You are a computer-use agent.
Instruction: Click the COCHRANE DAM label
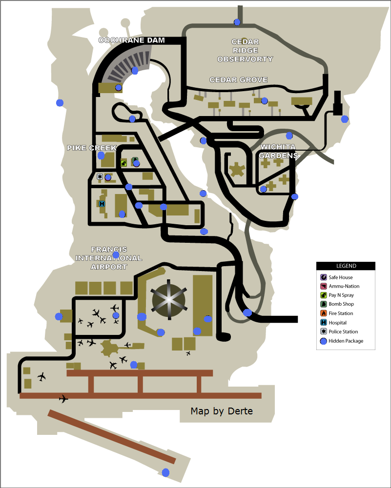pyautogui.click(x=132, y=40)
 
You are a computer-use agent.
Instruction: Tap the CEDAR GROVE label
pyautogui.click(x=238, y=80)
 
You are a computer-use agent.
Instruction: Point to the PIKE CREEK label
pyautogui.click(x=92, y=148)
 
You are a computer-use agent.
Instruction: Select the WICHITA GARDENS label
pyautogui.click(x=279, y=151)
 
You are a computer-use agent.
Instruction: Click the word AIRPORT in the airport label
pyautogui.click(x=109, y=267)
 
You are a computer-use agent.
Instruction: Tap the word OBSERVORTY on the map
pyautogui.click(x=245, y=59)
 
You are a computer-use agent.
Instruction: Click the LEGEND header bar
pyautogui.click(x=346, y=266)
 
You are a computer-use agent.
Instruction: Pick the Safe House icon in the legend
pyautogui.click(x=323, y=277)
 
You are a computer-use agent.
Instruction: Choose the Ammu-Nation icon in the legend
pyautogui.click(x=323, y=286)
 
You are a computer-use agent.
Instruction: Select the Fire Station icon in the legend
pyautogui.click(x=323, y=313)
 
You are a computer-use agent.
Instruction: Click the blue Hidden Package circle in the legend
pyautogui.click(x=323, y=341)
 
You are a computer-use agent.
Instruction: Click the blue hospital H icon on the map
pyautogui.click(x=102, y=204)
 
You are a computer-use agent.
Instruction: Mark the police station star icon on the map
pyautogui.click(x=100, y=177)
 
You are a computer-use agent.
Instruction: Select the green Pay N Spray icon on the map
pyautogui.click(x=124, y=163)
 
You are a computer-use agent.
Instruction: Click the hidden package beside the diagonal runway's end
pyautogui.click(x=165, y=472)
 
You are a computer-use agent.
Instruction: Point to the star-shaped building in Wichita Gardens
pyautogui.click(x=238, y=170)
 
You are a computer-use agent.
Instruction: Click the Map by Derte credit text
pyautogui.click(x=222, y=411)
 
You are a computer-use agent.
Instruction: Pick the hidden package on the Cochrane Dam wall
pyautogui.click(x=135, y=71)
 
